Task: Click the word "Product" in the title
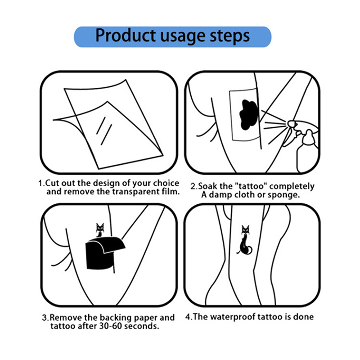click(x=126, y=36)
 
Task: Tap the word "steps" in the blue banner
click(x=230, y=37)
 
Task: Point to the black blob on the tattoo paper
click(x=249, y=114)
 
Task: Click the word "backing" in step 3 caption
click(x=116, y=318)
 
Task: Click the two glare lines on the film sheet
click(x=104, y=131)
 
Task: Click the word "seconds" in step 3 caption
click(x=142, y=326)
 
